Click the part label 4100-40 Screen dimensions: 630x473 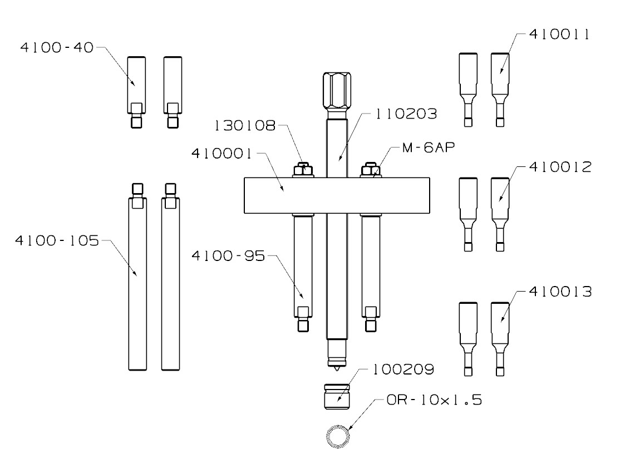[57, 47]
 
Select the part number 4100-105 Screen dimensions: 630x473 [57, 241]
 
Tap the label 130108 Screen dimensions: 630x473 [245, 126]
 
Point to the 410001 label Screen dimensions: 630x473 [222, 154]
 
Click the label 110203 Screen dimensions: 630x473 [406, 114]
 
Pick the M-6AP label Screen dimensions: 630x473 [429, 147]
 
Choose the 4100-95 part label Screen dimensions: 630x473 [228, 255]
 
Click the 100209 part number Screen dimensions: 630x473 [403, 369]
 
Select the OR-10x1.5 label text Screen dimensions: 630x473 [434, 400]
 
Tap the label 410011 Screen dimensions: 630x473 [559, 34]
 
